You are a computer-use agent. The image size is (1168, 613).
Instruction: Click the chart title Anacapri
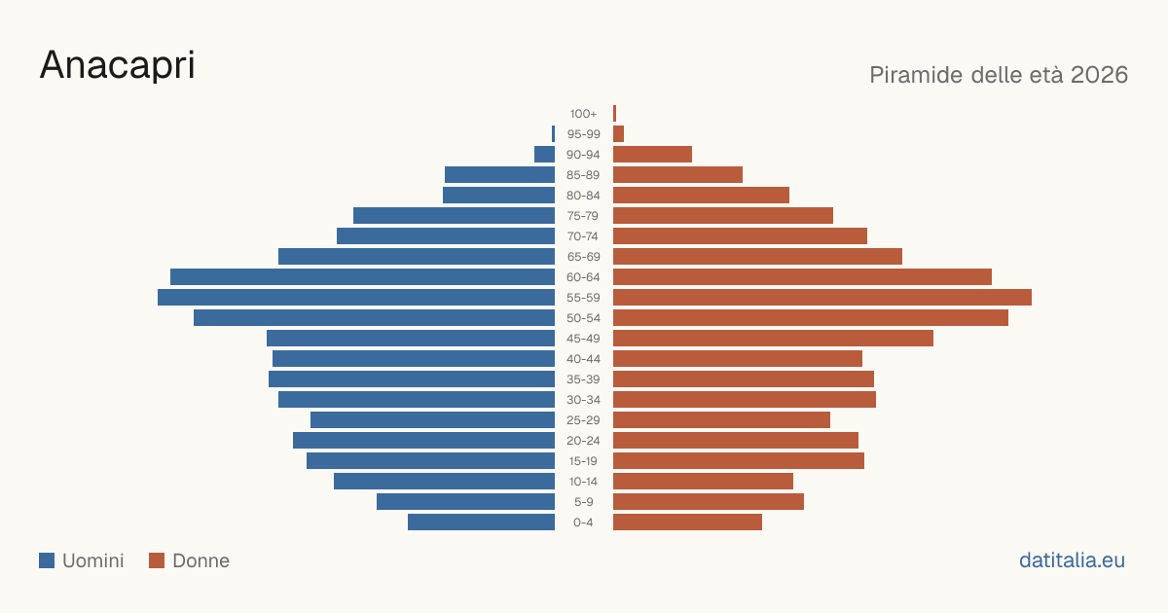point(118,65)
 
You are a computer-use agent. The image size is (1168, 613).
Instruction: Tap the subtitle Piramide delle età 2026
point(999,75)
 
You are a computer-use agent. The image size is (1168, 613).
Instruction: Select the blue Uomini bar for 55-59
point(356,298)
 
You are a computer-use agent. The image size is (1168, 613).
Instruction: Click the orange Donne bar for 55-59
point(822,298)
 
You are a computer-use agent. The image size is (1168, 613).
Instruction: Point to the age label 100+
point(583,114)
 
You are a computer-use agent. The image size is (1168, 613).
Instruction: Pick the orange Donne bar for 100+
point(615,114)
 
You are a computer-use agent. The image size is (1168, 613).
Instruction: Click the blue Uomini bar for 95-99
point(553,134)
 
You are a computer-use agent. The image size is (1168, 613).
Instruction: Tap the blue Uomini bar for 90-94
point(544,155)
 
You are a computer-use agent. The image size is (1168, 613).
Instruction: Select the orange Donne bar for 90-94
point(652,155)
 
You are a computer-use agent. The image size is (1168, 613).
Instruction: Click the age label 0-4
point(583,523)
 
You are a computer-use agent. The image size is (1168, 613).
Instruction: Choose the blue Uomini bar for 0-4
point(481,523)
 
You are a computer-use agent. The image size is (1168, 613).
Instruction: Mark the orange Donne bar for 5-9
point(709,502)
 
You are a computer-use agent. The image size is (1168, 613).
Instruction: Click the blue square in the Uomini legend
point(47,560)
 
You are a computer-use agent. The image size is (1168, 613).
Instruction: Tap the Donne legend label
point(201,560)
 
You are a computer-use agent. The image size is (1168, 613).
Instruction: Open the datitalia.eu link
point(1072,560)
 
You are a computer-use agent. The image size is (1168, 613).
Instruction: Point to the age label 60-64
point(583,277)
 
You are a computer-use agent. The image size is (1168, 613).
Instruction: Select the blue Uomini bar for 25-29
point(433,420)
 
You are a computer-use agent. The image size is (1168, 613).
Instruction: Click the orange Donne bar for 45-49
point(773,339)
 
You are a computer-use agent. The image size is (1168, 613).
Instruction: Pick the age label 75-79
point(583,216)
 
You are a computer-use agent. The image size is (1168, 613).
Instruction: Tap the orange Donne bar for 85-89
point(677,174)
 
